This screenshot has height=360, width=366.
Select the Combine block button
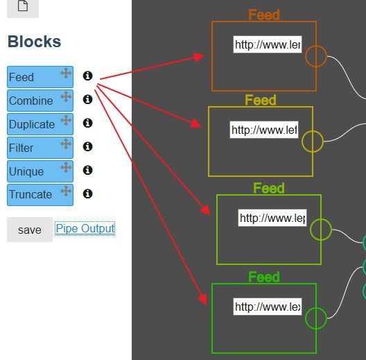[x=31, y=101]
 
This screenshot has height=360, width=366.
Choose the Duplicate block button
[x=31, y=124]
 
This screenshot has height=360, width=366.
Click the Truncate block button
[x=31, y=194]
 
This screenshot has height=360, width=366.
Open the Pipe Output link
[x=85, y=229]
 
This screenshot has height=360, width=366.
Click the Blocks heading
[x=34, y=42]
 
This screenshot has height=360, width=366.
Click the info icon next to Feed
[x=87, y=76]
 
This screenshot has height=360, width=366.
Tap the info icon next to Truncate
[x=87, y=194]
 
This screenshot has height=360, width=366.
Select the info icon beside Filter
[x=87, y=147]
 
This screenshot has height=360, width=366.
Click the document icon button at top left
[x=23, y=6]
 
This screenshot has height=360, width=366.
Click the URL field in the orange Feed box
[x=267, y=45]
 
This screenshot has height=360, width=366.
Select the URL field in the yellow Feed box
[x=263, y=130]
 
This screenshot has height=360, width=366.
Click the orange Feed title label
[x=264, y=15]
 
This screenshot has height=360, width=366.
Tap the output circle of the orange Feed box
[x=316, y=56]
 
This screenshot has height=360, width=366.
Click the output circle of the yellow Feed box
[x=313, y=142]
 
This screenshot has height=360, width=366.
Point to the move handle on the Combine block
[x=66, y=96]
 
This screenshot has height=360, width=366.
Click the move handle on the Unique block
[x=66, y=167]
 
